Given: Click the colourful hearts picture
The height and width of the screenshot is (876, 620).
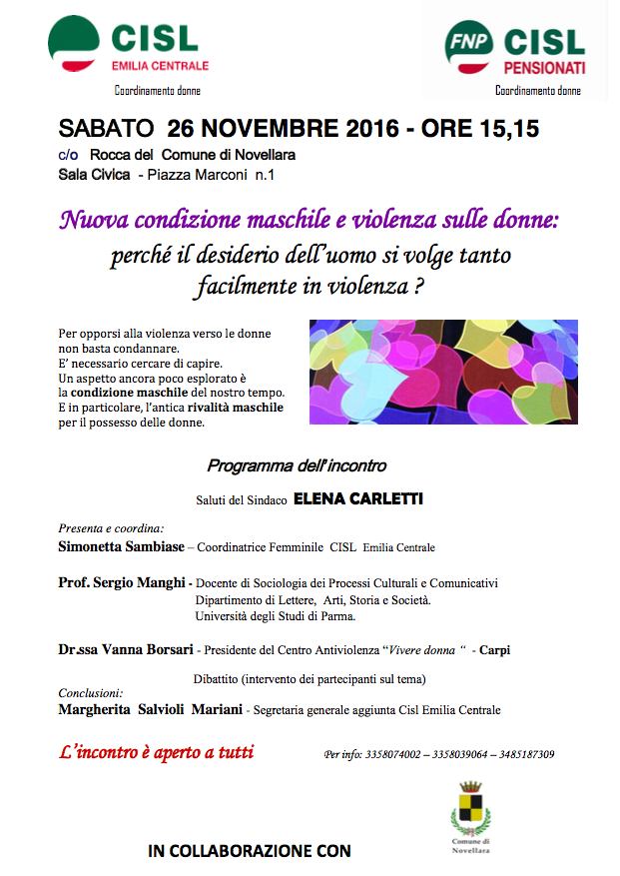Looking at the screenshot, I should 443,372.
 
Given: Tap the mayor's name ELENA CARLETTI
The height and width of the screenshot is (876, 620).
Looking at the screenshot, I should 357,497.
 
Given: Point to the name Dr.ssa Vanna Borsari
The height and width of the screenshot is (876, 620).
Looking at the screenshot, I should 126,649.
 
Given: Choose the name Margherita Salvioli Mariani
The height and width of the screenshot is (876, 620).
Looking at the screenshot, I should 150,709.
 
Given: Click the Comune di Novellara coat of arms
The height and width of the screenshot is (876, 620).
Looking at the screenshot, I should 469,807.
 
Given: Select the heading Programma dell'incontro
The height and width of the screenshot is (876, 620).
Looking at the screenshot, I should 296,465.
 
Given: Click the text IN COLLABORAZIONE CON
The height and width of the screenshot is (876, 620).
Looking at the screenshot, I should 250,852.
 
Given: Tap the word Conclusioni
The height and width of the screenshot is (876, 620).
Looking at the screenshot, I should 90,692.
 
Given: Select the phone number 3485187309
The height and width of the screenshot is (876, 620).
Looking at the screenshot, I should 521,755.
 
